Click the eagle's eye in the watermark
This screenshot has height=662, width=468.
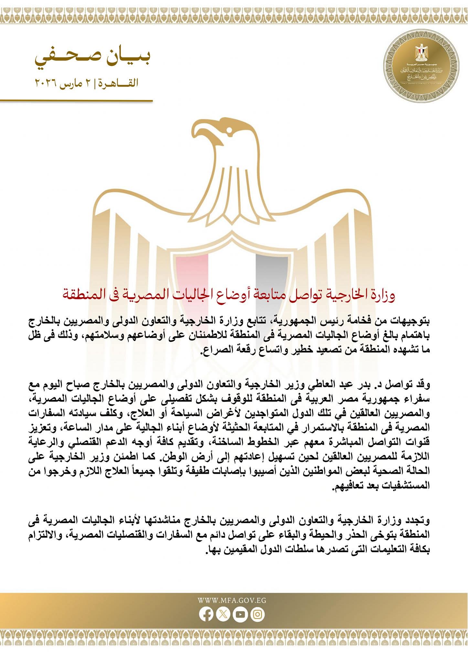(229, 130)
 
